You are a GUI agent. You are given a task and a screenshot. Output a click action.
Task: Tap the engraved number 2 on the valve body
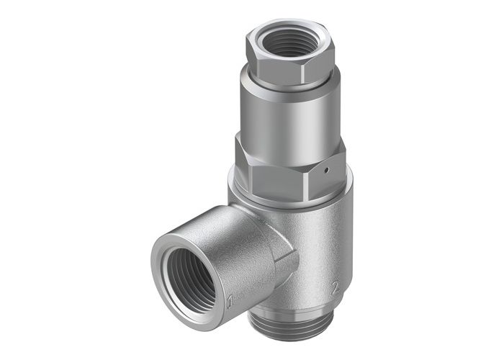tap(334, 289)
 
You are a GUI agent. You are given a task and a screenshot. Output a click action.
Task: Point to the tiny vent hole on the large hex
tap(325, 171)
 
